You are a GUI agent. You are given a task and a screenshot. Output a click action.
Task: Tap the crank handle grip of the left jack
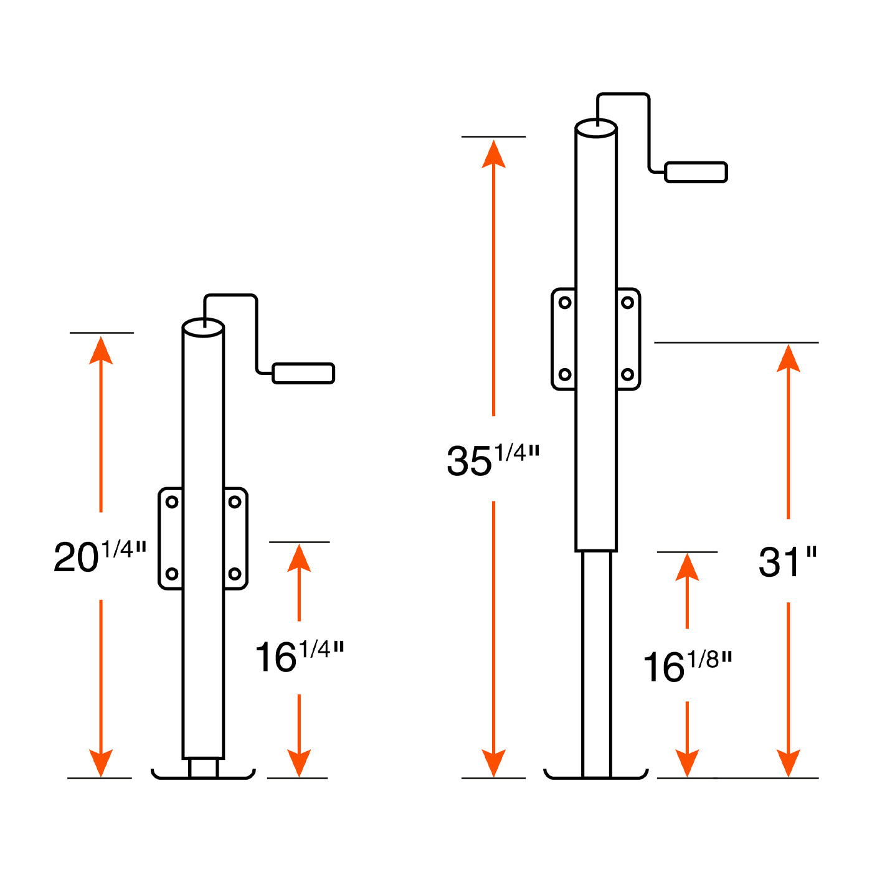[x=303, y=373]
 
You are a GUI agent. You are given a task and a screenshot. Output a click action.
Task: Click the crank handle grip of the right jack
[x=696, y=173]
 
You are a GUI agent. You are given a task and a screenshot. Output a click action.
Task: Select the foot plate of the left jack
[x=203, y=774]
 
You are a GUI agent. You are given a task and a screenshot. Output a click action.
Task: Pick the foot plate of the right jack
[x=596, y=774]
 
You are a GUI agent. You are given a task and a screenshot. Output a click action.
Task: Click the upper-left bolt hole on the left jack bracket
[x=172, y=502]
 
